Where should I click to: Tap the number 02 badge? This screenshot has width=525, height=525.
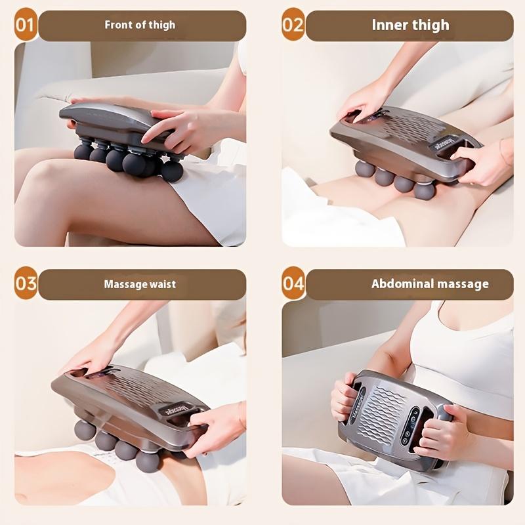tap(293, 26)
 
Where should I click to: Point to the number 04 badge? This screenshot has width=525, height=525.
tap(293, 284)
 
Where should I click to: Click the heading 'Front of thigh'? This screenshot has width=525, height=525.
tap(140, 26)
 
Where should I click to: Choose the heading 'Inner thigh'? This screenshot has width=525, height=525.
tap(410, 26)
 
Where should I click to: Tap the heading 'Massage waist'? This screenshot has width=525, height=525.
tap(140, 285)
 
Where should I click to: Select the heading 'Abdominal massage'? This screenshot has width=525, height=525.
tap(430, 284)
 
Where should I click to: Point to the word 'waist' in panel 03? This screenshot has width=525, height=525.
tap(163, 285)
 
